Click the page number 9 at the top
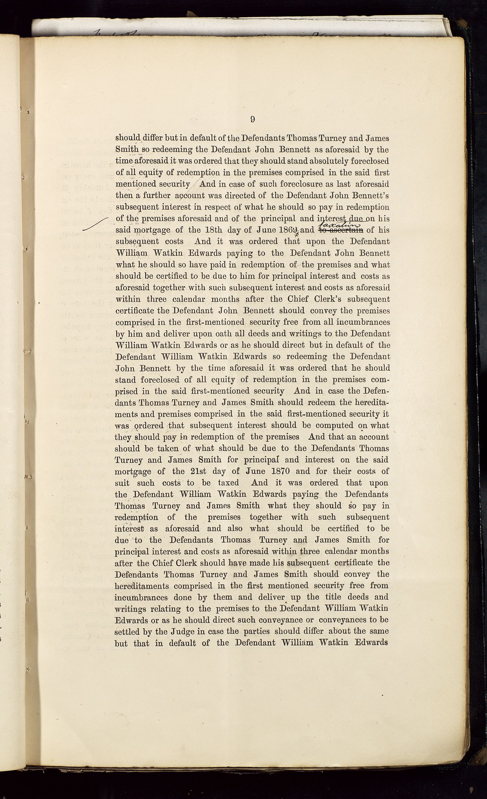(253, 119)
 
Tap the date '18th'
(214, 230)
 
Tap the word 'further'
(157, 196)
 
